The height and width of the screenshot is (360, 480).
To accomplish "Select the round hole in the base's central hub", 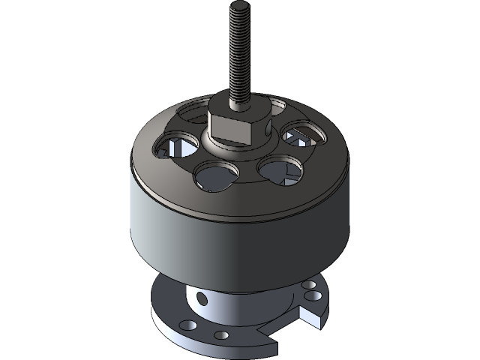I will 201,300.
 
